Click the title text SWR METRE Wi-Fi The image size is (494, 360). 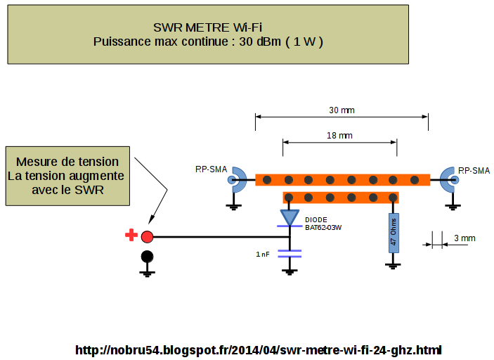pyautogui.click(x=208, y=27)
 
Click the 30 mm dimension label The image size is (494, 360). pyautogui.click(x=342, y=110)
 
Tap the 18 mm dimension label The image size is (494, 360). pyautogui.click(x=340, y=135)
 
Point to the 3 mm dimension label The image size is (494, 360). pyautogui.click(x=464, y=238)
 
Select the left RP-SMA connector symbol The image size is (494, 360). pyautogui.click(x=237, y=179)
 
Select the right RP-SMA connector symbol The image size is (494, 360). pyautogui.click(x=448, y=179)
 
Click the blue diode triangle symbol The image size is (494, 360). pyautogui.click(x=290, y=217)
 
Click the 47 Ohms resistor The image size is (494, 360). pyautogui.click(x=394, y=233)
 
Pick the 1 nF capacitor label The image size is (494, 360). pyautogui.click(x=263, y=254)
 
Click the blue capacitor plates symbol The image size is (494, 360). pyautogui.click(x=290, y=253)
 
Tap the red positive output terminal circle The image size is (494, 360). pyautogui.click(x=147, y=236)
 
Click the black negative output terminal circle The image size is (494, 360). pyautogui.click(x=147, y=257)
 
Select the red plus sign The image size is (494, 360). pyautogui.click(x=131, y=236)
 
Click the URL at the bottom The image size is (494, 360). pyautogui.click(x=258, y=349)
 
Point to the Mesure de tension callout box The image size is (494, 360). pyautogui.click(x=67, y=176)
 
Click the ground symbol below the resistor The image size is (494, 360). pyautogui.click(x=394, y=265)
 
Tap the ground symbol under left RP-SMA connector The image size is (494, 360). pyautogui.click(x=232, y=206)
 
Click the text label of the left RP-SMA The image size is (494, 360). pyautogui.click(x=211, y=169)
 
